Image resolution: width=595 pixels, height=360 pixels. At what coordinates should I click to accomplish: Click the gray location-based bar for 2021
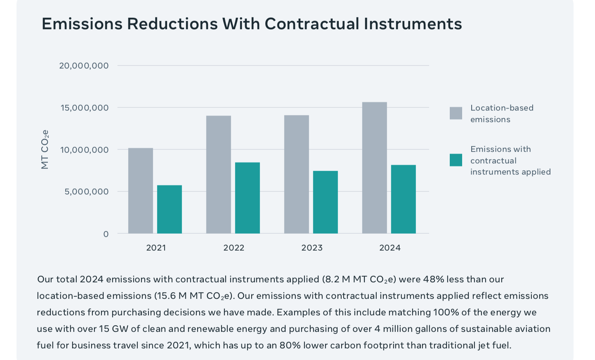pyautogui.click(x=140, y=191)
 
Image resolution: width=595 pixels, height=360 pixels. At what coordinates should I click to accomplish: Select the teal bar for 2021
pyautogui.click(x=169, y=209)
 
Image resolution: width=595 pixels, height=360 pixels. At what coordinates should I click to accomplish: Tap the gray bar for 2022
pyautogui.click(x=219, y=175)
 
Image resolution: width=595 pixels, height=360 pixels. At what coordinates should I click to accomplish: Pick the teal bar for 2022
pyautogui.click(x=248, y=198)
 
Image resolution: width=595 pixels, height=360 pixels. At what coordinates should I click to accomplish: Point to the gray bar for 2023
pyautogui.click(x=296, y=174)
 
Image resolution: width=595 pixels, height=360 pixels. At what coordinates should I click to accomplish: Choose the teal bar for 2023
pyautogui.click(x=325, y=202)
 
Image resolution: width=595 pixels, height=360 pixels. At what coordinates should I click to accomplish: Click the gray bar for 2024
pyautogui.click(x=374, y=168)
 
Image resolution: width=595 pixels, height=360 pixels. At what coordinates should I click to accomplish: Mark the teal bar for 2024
pyautogui.click(x=403, y=199)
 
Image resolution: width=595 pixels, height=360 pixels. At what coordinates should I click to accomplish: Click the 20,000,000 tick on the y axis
pyautogui.click(x=84, y=66)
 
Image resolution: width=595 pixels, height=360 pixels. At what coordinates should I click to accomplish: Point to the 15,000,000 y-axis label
pyautogui.click(x=84, y=108)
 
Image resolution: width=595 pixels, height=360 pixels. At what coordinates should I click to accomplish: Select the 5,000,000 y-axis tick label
pyautogui.click(x=86, y=192)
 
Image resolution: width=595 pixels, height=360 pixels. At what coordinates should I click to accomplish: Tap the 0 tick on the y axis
pyautogui.click(x=106, y=234)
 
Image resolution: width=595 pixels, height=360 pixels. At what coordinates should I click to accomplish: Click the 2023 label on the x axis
pyautogui.click(x=312, y=248)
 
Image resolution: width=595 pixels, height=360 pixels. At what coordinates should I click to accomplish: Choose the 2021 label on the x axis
pyautogui.click(x=156, y=248)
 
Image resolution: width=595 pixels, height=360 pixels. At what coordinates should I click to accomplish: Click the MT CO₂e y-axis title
pyautogui.click(x=45, y=149)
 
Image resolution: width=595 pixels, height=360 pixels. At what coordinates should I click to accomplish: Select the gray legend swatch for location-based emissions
pyautogui.click(x=456, y=113)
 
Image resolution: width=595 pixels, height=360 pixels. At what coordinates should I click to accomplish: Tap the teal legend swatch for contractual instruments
pyautogui.click(x=456, y=160)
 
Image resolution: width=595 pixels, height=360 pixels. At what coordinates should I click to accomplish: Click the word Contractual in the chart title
pyautogui.click(x=312, y=24)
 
